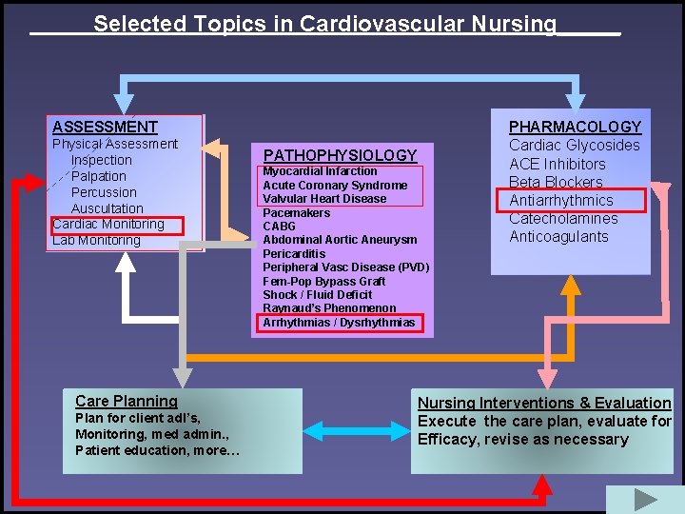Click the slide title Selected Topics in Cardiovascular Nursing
(324, 24)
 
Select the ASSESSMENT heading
(105, 127)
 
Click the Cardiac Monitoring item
(108, 225)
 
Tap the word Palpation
(99, 176)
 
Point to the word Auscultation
(108, 208)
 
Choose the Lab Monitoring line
(96, 241)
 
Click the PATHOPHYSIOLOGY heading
(340, 155)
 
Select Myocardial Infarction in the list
(320, 171)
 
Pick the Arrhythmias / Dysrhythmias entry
(339, 323)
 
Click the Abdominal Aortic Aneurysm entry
(340, 240)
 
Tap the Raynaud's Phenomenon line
(329, 308)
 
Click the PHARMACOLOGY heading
(575, 127)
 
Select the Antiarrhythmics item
(561, 200)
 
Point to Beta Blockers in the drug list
(556, 182)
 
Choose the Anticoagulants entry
(558, 237)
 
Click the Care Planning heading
(127, 402)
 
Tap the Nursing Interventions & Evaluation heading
(544, 403)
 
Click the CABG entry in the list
(279, 227)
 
